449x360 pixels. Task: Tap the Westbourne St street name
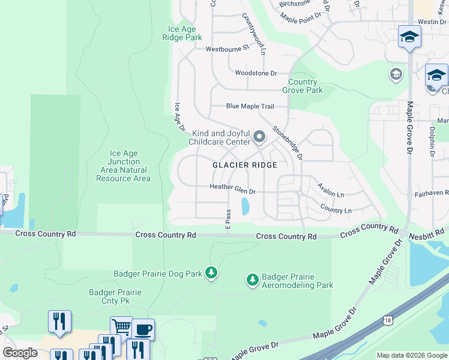227,49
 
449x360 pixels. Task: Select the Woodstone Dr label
256,73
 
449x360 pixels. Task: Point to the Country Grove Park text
306,86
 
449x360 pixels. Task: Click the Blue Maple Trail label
250,106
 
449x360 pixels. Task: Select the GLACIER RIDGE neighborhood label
245,165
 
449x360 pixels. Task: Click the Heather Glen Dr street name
232,187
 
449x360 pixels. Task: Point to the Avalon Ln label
331,193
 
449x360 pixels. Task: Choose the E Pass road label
228,219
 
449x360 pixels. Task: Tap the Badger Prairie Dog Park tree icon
211,273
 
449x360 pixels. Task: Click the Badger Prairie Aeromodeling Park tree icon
253,280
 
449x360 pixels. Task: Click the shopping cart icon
121,327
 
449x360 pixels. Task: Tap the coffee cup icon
143,329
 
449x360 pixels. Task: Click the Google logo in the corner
20,353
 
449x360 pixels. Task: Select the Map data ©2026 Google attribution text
411,355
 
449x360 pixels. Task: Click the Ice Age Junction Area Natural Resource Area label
123,166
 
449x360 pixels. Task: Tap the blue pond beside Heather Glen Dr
245,207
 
